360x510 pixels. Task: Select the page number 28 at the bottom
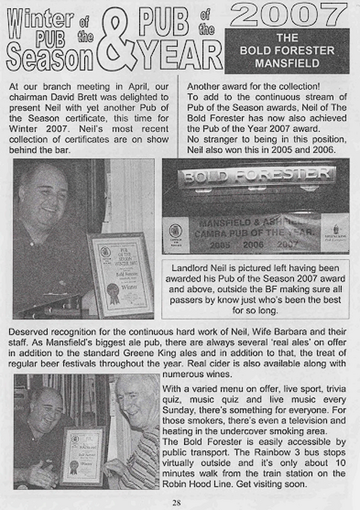click(x=176, y=503)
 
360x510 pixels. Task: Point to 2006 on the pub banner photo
click(x=254, y=244)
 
